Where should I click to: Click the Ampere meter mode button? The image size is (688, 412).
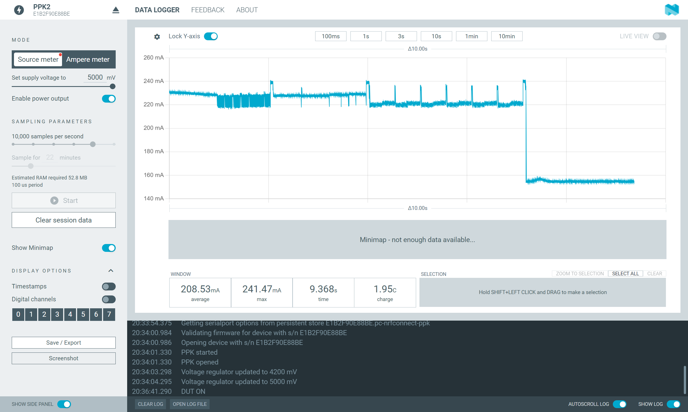pos(88,60)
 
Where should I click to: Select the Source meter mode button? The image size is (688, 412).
pos(38,60)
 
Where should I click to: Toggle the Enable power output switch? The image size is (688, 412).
pos(109,99)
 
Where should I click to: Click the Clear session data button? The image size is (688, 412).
pos(63,220)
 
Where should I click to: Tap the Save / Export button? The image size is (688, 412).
pos(63,343)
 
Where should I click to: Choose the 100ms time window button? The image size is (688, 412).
pos(330,36)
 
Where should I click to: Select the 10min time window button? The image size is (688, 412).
pos(506,36)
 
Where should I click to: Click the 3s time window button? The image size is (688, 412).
pos(401,36)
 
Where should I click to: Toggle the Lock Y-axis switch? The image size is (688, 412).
pos(211,36)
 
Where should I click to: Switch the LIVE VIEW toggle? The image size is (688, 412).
pos(659,36)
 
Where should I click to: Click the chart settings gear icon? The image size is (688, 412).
pos(157,37)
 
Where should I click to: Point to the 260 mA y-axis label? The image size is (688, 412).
pos(153,58)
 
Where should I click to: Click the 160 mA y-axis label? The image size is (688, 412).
pos(153,175)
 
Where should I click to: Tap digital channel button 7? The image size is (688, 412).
pos(109,314)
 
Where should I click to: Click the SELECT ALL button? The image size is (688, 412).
pos(625,274)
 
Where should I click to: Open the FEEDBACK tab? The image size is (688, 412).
pos(208,10)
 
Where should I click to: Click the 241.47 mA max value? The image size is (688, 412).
pos(261,289)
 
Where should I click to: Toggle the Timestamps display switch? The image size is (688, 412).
pos(109,286)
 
